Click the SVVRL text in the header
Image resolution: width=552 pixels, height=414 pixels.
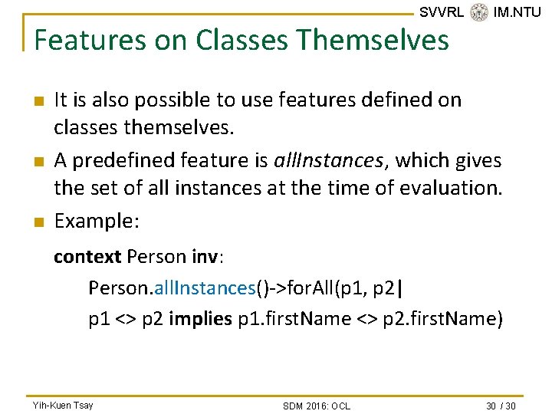(x=442, y=11)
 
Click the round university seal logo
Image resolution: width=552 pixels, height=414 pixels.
(x=479, y=12)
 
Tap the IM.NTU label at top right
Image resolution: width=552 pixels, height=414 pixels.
(x=517, y=11)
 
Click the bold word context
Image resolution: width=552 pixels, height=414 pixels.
(x=87, y=256)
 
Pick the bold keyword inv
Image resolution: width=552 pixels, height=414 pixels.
(x=203, y=256)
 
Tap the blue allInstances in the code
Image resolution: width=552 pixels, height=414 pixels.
(x=203, y=287)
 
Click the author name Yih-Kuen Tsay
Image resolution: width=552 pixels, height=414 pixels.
(x=63, y=405)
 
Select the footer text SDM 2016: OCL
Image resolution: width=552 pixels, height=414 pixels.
(x=316, y=405)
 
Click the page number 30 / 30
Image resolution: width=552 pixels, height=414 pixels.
(x=501, y=405)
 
